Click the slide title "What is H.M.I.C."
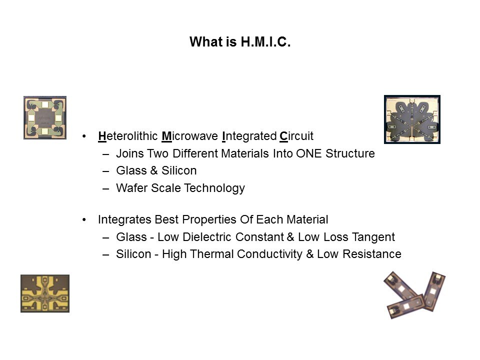[240, 42]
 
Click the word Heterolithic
[128, 136]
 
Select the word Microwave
[190, 136]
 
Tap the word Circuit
[296, 136]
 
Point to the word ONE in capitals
[308, 153]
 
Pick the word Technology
[214, 188]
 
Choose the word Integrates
[124, 220]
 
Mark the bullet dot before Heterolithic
[84, 136]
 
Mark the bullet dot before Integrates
[84, 220]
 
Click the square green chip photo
[45, 118]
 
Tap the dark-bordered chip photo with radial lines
[412, 119]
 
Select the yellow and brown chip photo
[45, 293]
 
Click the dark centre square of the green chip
[45, 117]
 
